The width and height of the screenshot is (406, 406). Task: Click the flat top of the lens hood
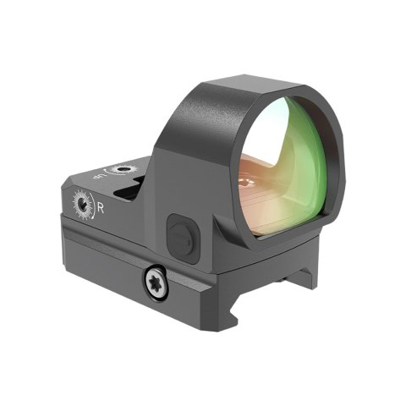(245, 83)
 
